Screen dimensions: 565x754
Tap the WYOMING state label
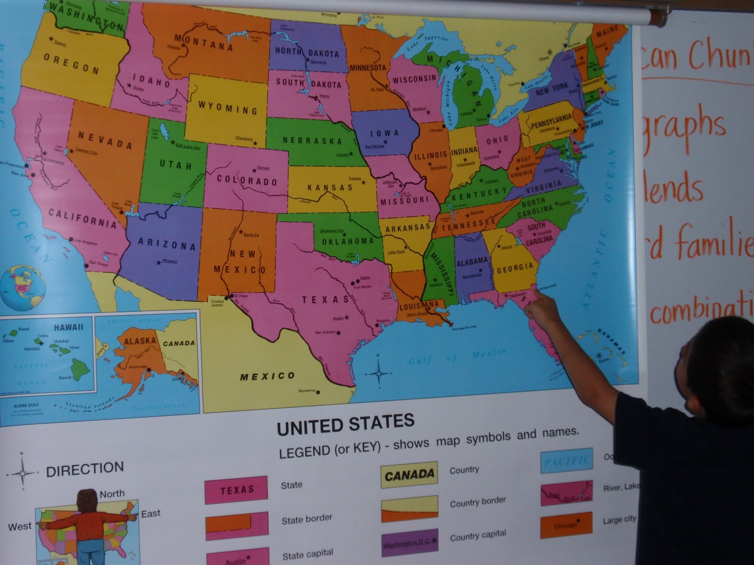(228, 107)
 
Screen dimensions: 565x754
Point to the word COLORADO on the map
(247, 180)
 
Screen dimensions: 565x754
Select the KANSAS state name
(330, 188)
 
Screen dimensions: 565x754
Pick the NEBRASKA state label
(312, 140)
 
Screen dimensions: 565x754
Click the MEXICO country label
(267, 376)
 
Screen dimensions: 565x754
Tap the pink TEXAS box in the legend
(236, 490)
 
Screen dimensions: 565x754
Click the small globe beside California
(23, 286)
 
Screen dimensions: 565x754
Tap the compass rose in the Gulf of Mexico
(378, 373)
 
